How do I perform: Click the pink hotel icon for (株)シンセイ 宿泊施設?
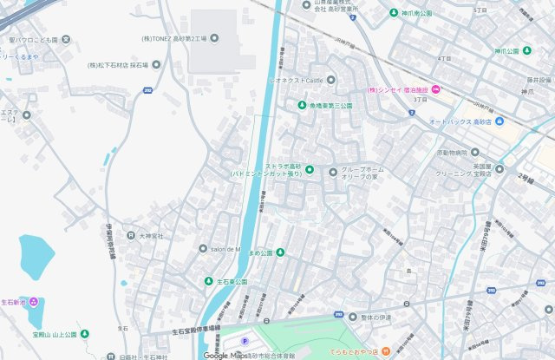click(x=435, y=89)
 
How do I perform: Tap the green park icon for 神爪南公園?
click(x=394, y=14)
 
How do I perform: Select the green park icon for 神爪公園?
click(x=526, y=51)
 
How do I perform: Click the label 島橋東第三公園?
click(x=330, y=106)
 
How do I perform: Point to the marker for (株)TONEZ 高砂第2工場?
click(x=215, y=37)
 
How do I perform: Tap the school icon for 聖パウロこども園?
click(x=66, y=40)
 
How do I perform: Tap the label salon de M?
click(x=224, y=249)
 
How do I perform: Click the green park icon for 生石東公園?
click(x=208, y=282)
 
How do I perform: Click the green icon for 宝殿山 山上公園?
click(x=83, y=334)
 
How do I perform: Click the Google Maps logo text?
click(x=225, y=355)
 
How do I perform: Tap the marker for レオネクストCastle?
click(x=330, y=80)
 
